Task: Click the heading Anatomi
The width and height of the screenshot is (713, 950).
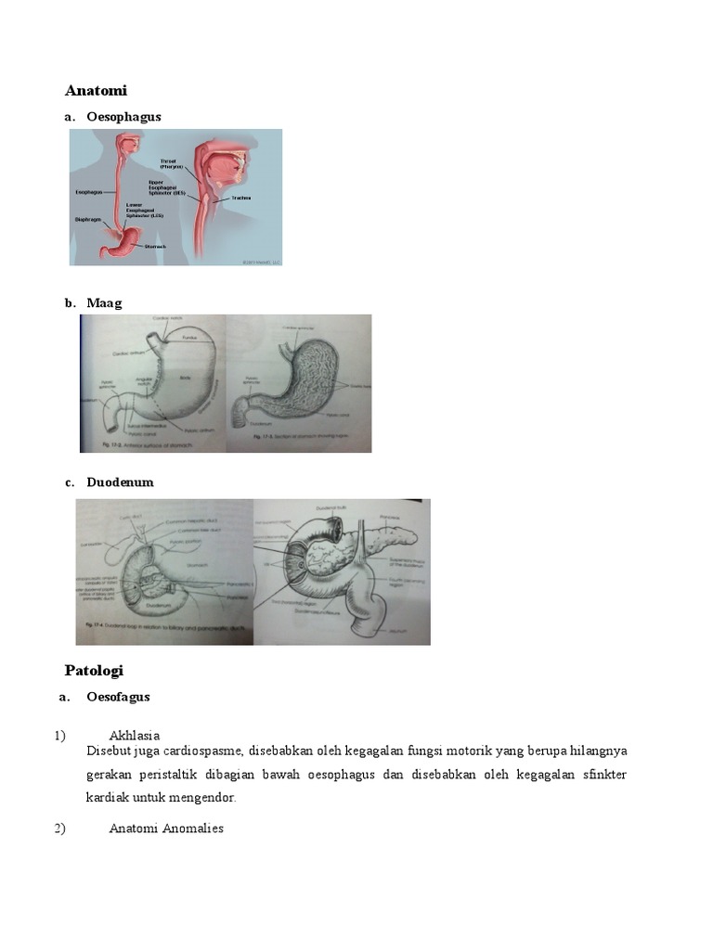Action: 96,90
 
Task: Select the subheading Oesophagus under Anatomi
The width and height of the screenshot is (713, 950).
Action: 123,117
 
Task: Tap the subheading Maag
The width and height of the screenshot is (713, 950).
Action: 104,302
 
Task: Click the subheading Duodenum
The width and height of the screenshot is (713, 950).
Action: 120,482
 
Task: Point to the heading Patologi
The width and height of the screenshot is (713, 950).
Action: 94,670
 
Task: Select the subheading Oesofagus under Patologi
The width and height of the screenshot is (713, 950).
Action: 118,697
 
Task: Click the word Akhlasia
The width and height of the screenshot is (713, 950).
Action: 135,736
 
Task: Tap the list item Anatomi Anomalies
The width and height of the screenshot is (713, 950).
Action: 166,828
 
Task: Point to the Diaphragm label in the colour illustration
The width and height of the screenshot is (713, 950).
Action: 87,220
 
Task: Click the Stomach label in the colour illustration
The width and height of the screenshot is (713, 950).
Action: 155,247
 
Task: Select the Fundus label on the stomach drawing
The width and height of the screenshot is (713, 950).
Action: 189,338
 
